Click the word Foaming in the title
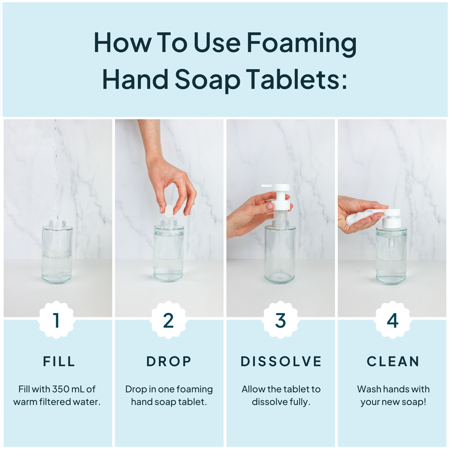click(x=301, y=44)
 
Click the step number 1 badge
click(x=56, y=320)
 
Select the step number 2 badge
click(x=168, y=320)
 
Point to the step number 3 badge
click(x=281, y=320)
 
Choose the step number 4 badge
click(x=392, y=320)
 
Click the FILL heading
click(x=59, y=362)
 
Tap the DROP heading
click(x=169, y=362)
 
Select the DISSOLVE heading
click(x=281, y=362)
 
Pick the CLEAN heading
click(x=393, y=362)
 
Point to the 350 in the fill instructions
click(x=61, y=389)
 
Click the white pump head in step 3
click(x=279, y=188)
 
